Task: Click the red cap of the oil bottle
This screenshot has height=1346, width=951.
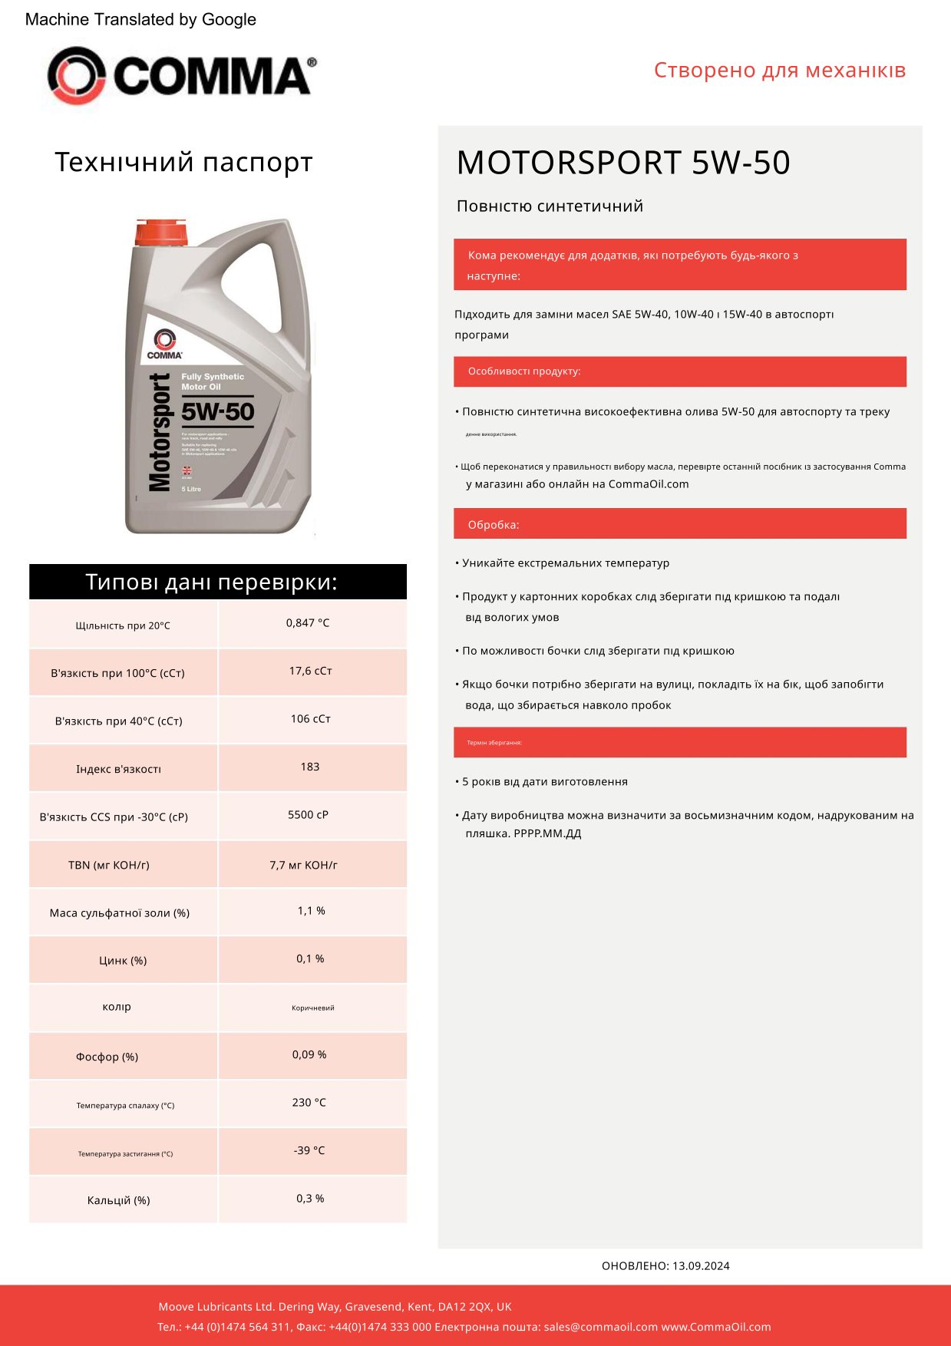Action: [160, 233]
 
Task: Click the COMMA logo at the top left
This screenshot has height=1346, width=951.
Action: [181, 75]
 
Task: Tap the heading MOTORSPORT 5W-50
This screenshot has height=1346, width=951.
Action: [622, 163]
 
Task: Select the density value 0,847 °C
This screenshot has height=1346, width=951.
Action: [308, 623]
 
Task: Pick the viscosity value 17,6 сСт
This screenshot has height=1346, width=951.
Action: [310, 671]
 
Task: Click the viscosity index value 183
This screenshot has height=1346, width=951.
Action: [310, 767]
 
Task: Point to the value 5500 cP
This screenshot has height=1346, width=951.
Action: [308, 814]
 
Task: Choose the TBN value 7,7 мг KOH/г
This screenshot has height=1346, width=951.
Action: [303, 865]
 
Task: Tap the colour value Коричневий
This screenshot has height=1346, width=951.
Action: [312, 1008]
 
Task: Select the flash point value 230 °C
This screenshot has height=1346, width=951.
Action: [309, 1102]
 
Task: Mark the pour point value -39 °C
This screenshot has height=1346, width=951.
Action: [309, 1150]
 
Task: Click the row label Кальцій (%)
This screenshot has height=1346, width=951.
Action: [118, 1200]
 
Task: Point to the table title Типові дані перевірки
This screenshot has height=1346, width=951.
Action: [211, 582]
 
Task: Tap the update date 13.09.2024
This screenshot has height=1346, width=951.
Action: [701, 1265]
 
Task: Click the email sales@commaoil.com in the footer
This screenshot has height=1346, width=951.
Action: [600, 1327]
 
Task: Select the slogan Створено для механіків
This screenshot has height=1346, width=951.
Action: [779, 70]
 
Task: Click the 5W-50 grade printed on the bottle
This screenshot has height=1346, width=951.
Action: [217, 412]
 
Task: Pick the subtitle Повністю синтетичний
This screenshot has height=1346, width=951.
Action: [550, 206]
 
